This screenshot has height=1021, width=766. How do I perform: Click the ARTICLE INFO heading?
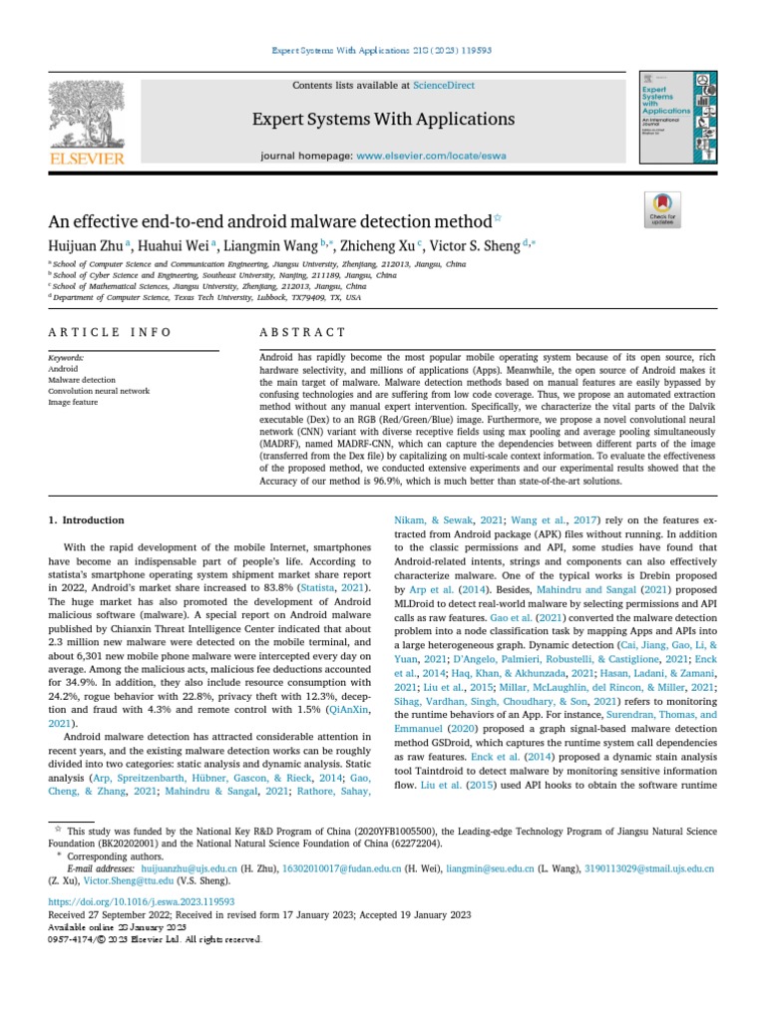(x=110, y=332)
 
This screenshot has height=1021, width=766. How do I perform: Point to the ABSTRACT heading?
(x=302, y=332)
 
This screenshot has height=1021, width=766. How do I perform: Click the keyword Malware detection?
(x=82, y=380)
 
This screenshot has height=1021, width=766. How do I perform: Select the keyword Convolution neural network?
(x=99, y=391)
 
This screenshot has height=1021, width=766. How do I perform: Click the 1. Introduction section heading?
(x=87, y=519)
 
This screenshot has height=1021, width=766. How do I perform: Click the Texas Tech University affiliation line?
(x=206, y=297)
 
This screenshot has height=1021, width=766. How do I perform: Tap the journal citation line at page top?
(x=383, y=50)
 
